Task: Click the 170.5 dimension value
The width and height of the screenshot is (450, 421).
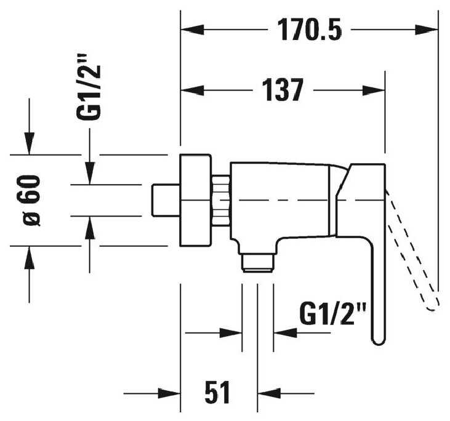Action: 310,30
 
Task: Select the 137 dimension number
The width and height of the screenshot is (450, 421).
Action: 283,90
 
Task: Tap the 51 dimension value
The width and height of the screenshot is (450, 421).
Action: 217,392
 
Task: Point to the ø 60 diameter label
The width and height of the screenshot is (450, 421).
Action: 29,200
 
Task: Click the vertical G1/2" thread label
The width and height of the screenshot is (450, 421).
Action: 89,93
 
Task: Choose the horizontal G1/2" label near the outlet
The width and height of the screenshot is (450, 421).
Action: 332,314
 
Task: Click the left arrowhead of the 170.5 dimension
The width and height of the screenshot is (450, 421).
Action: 192,30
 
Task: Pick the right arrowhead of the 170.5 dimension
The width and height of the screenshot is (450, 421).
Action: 427,30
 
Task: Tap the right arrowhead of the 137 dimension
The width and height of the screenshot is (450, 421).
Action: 374,90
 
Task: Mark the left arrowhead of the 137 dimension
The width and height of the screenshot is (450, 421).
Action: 192,90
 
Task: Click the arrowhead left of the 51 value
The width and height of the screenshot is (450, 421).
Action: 169,393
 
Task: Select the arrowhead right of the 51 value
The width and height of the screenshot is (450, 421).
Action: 269,393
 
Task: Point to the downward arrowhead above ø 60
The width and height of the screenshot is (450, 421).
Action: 29,143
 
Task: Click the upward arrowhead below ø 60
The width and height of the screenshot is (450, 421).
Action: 29,257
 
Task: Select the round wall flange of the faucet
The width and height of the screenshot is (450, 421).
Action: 196,200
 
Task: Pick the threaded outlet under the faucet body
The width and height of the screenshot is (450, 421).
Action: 257,263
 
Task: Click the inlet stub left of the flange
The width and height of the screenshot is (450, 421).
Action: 166,200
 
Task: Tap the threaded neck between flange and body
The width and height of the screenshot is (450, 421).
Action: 221,200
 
